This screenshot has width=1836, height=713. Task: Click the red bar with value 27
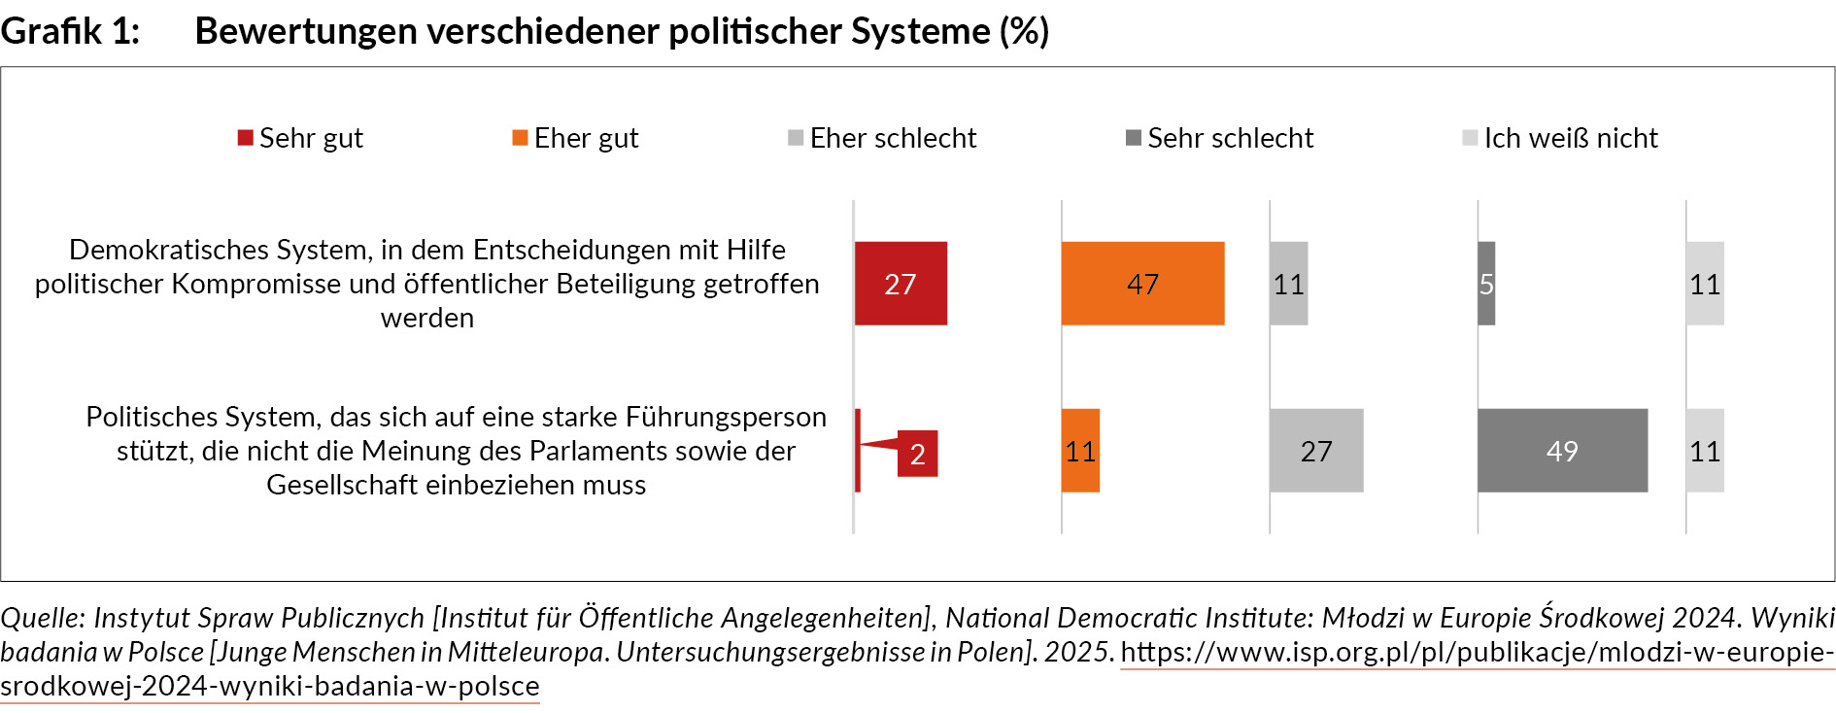click(901, 284)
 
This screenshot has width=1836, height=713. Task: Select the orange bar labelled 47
click(1142, 284)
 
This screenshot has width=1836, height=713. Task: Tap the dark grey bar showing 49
click(1562, 451)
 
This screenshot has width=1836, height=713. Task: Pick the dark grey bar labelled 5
click(1486, 284)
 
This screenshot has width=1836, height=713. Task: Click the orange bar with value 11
click(1080, 451)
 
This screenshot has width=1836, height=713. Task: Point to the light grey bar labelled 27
click(1316, 451)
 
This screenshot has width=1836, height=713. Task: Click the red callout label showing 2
click(917, 454)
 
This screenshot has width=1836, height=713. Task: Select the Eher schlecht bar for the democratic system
click(1288, 284)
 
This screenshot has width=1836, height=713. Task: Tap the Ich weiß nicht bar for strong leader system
click(1705, 451)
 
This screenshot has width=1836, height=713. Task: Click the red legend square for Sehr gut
click(246, 138)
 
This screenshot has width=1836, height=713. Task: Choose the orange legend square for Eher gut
click(521, 138)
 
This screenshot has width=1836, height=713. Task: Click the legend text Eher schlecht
click(893, 138)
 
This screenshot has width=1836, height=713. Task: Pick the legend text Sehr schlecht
click(1230, 138)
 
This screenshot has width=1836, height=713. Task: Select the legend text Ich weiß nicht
click(1570, 138)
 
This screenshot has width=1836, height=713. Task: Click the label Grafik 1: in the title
click(70, 31)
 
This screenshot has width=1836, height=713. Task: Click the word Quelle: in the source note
click(43, 618)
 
